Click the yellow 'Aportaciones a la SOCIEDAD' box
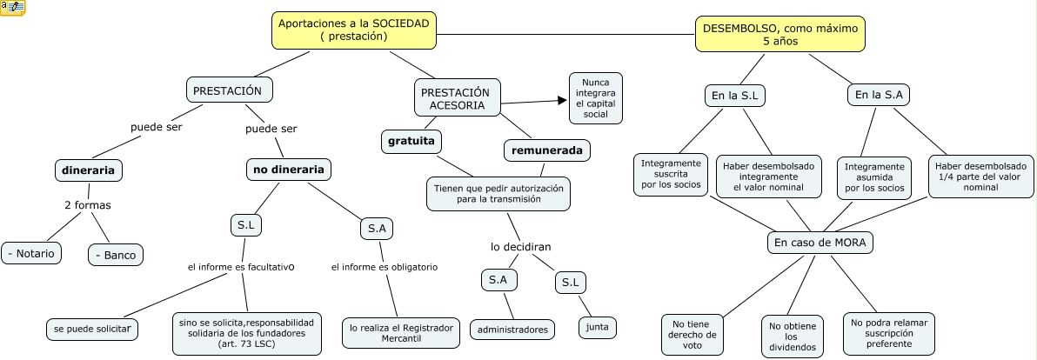pos(353,30)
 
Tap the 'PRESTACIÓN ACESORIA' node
pos(456,98)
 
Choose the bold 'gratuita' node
pos(411,141)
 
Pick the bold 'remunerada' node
pos(547,150)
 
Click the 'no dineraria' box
pos(288,170)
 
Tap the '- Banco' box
pos(116,254)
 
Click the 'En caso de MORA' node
pos(820,242)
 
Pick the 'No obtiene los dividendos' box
pos(791,336)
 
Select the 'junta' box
pos(598,327)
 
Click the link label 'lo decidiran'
pos(520,247)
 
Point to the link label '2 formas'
pos(87,205)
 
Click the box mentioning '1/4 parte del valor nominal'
pos(980,177)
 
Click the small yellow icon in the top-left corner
pos(13,9)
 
